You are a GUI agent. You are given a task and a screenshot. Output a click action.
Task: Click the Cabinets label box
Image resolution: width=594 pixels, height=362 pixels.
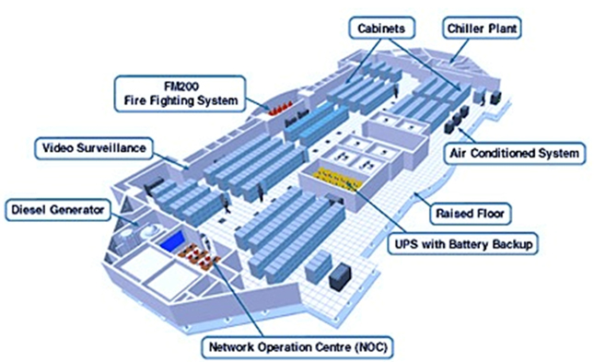point(381,28)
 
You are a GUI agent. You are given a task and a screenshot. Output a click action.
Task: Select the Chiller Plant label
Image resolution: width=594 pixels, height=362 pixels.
point(482,28)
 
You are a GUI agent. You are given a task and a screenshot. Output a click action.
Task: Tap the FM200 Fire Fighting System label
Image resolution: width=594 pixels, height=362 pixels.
point(181,94)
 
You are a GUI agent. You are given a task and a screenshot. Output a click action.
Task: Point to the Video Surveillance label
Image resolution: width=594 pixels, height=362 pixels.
point(94,147)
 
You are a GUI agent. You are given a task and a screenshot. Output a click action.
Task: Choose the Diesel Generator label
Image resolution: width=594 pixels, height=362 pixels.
point(58,210)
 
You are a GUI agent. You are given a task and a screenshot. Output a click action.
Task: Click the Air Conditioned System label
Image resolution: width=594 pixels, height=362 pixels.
point(515,153)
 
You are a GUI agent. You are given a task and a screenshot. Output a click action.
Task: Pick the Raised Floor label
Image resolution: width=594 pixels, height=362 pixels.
point(470,214)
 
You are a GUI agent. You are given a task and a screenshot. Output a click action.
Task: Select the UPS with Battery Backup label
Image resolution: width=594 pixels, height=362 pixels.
point(463,244)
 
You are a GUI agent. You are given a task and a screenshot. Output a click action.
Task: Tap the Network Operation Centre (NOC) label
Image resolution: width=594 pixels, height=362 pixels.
point(298,347)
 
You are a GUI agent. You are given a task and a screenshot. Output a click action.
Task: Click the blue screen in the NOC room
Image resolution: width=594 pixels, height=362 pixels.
point(173,242)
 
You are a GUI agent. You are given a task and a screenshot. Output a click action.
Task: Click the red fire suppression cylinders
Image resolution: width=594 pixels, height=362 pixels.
point(281,108)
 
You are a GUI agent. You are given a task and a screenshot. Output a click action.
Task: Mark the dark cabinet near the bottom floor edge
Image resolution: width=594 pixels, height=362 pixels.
point(340,277)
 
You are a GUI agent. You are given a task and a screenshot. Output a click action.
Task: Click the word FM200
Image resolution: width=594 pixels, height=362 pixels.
point(181,87)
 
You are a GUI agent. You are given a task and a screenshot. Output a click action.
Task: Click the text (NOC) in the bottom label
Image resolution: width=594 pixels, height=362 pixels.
point(371,347)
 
